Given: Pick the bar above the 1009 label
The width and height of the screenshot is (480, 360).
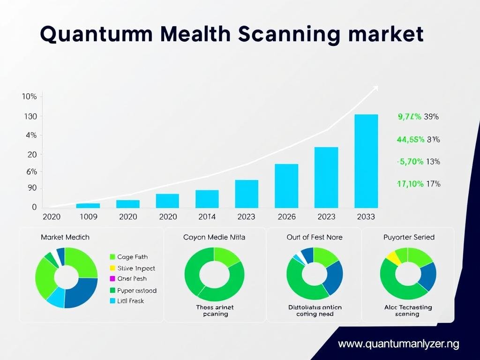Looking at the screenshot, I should point(88,205).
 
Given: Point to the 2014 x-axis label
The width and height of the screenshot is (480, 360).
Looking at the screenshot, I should point(207,217).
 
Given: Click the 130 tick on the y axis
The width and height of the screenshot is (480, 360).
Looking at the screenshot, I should point(30,116).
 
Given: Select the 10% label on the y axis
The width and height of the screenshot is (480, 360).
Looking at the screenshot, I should point(29,97).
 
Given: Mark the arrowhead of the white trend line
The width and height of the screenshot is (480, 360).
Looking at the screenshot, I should point(375,88).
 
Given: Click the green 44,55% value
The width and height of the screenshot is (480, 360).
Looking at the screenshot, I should point(410,139).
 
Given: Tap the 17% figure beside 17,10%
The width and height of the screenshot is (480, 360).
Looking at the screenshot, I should point(433,184).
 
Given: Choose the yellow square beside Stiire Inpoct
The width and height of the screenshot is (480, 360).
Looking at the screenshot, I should point(112,268).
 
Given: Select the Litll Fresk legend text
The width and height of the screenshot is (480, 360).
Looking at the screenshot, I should point(131,301).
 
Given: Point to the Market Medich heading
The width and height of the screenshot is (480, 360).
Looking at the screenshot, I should point(65,237).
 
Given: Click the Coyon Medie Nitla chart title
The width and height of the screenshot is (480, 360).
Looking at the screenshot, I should point(214,237).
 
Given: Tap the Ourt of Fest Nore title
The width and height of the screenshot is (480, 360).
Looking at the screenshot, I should point(315,237).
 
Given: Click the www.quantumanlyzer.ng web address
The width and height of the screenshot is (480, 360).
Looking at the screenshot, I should point(398,344).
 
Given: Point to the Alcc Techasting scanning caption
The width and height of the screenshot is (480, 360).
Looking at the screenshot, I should point(408,311).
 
